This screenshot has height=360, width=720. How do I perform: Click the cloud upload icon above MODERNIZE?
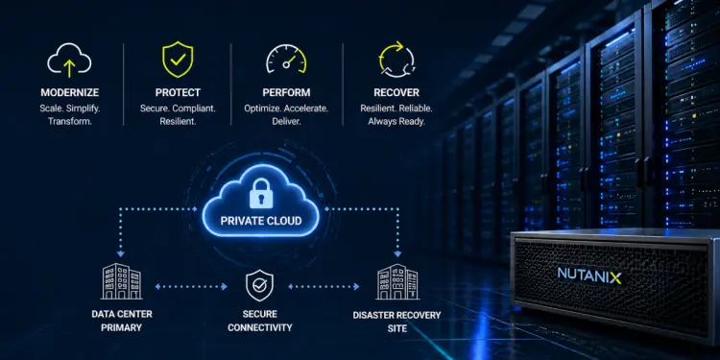(69, 60)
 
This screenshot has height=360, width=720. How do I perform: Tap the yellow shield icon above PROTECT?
(178, 60)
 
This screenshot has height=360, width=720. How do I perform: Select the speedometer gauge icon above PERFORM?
(286, 59)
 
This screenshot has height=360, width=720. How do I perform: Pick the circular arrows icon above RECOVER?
(396, 60)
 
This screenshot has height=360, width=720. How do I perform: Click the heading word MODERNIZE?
(70, 93)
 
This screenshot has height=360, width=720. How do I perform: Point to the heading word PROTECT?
(178, 93)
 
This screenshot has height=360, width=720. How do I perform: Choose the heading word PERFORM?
(286, 93)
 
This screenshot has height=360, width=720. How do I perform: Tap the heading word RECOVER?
(396, 93)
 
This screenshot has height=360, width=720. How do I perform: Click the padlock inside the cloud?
(261, 193)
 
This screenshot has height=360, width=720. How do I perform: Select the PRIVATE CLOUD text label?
(261, 221)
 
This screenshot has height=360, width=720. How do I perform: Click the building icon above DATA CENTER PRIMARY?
(122, 281)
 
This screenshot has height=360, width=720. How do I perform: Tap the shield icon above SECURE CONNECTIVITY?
(259, 286)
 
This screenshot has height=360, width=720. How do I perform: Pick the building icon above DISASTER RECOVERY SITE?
(397, 282)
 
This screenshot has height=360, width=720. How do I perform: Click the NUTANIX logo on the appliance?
(589, 276)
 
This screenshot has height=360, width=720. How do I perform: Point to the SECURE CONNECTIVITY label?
(260, 321)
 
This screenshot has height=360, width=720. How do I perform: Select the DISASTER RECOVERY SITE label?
(396, 322)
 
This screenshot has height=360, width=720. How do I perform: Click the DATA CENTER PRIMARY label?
(122, 321)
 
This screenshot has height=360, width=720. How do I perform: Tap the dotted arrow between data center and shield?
(191, 286)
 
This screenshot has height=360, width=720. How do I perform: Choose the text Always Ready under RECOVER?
(396, 122)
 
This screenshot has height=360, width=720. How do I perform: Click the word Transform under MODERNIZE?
(70, 122)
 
